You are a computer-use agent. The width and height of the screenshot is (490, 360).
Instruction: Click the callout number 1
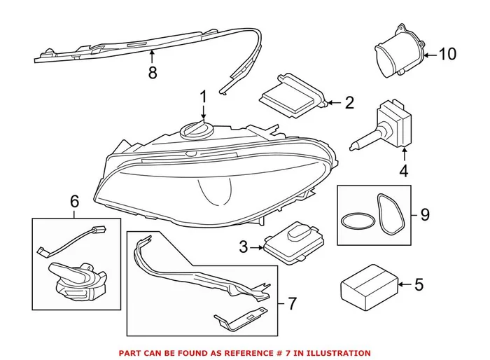tap(204, 95)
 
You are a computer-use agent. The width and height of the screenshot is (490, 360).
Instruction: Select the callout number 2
tap(349, 103)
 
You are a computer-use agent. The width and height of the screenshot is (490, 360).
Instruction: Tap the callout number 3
tap(244, 247)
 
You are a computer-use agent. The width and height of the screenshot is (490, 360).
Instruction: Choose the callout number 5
tap(419, 284)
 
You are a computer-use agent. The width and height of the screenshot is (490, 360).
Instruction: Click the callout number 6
tap(75, 202)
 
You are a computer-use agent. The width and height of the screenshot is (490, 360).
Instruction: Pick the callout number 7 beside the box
tap(292, 304)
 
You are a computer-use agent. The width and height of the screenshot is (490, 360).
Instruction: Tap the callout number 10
tap(447, 54)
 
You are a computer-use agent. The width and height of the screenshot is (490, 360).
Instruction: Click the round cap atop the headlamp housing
tap(196, 130)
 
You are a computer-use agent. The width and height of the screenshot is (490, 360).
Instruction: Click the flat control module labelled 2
tap(292, 94)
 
